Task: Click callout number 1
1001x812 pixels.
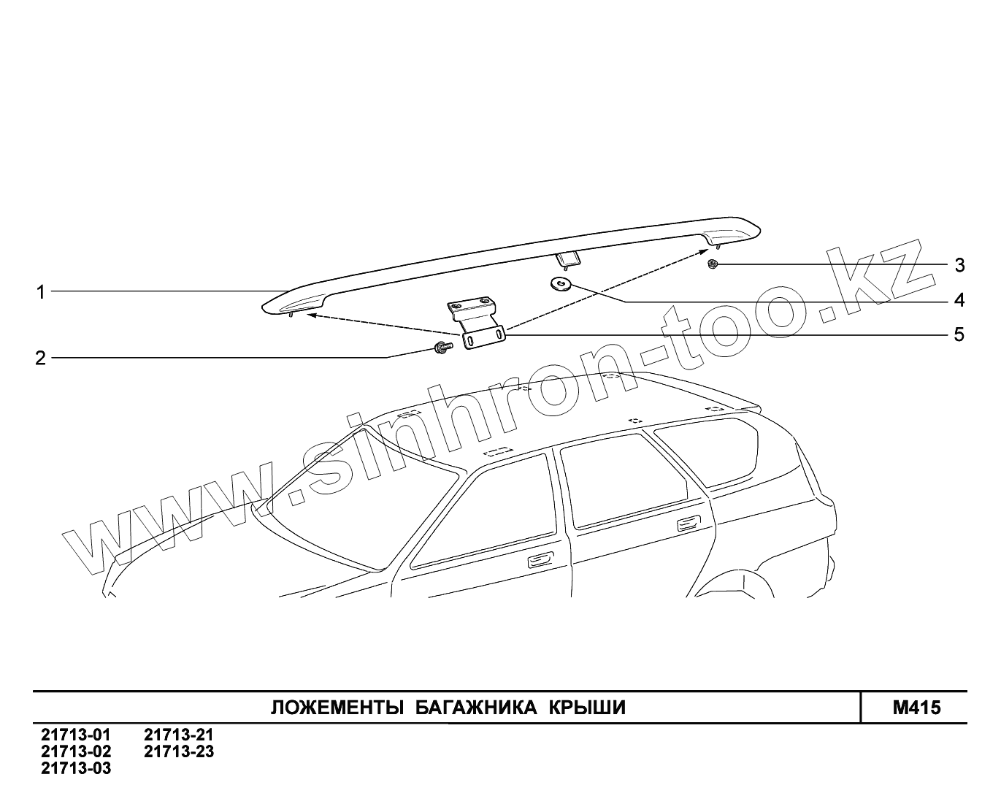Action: (41, 292)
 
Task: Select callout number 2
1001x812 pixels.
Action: (41, 358)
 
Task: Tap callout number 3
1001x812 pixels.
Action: (959, 265)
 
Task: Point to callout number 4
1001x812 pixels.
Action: (959, 300)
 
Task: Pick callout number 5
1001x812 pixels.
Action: (959, 335)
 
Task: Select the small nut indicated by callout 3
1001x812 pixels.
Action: (714, 264)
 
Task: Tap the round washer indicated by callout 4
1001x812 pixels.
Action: (561, 283)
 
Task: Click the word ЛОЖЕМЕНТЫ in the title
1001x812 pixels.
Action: (337, 708)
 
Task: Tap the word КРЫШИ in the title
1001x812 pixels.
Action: (587, 708)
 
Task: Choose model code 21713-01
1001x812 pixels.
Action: (77, 735)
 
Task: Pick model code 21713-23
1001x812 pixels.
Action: (179, 751)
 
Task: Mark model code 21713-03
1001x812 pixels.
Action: (77, 768)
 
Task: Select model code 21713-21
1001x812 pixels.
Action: (179, 735)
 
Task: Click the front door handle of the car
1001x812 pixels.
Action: (540, 560)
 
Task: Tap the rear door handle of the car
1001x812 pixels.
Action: (688, 522)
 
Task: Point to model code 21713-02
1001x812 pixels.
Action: (77, 751)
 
